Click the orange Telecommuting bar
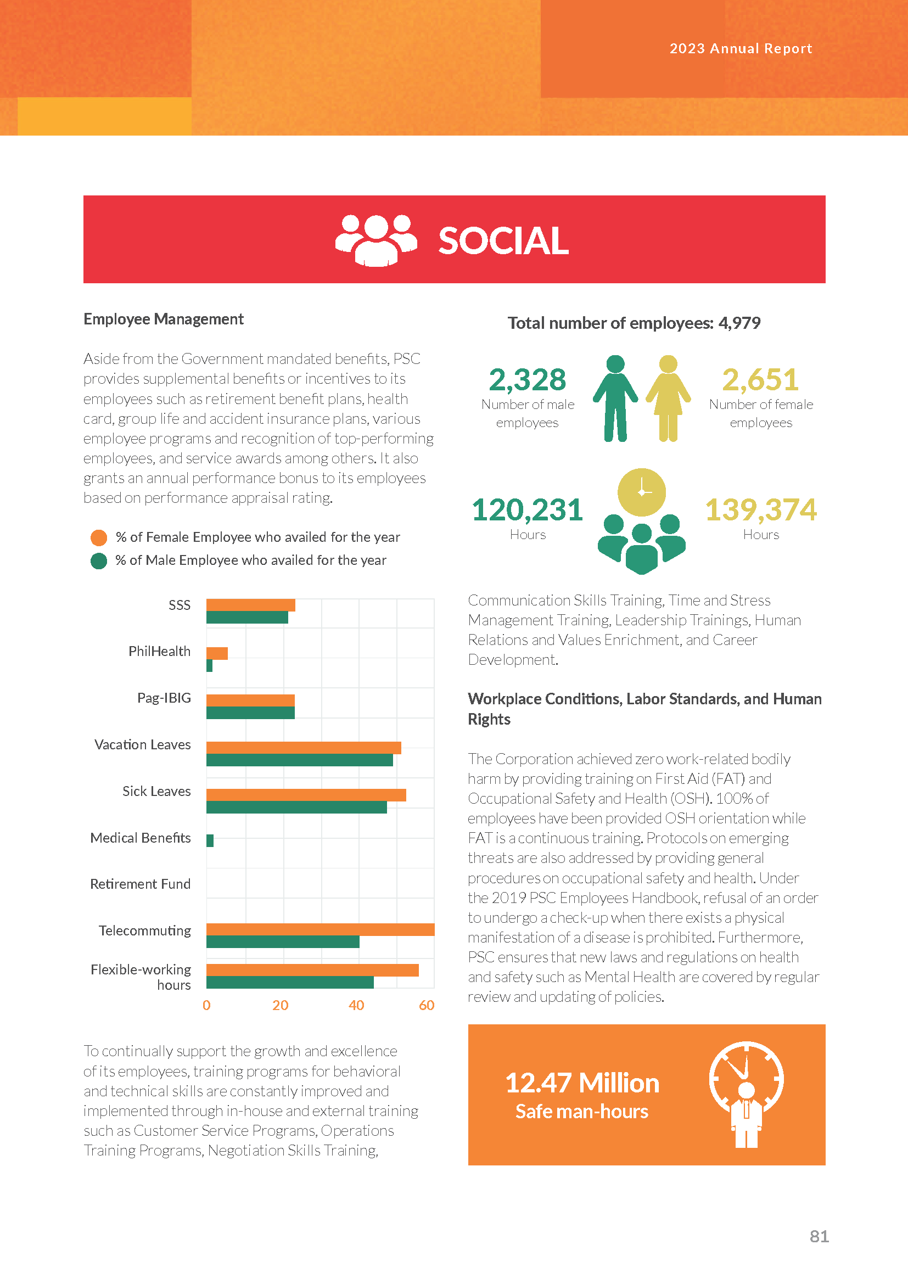[x=321, y=929]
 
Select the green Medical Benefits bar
[x=210, y=840]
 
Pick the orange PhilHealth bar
[x=217, y=653]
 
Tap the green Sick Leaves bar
[x=296, y=807]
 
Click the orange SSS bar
[x=250, y=605]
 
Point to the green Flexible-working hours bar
[x=290, y=983]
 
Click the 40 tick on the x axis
[x=356, y=1006]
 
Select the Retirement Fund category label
[x=141, y=884]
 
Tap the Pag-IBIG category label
[x=164, y=698]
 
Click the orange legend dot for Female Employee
[x=99, y=538]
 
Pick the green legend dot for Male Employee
[x=99, y=561]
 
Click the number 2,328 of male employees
[x=527, y=380]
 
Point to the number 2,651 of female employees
[x=760, y=380]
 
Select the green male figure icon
[x=615, y=398]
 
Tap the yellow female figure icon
[x=668, y=398]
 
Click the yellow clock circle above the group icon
[x=641, y=492]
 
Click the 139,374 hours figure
[x=760, y=510]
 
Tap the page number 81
[x=819, y=1236]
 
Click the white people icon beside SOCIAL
[x=376, y=240]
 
